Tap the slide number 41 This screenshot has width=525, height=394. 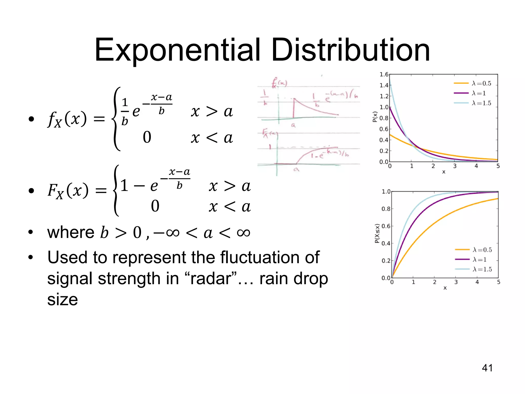coord(487,368)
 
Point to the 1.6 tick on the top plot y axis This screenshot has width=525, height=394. coord(384,75)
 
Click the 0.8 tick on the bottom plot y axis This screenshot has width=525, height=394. coord(386,209)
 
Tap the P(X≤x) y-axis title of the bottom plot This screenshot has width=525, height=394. coord(377,233)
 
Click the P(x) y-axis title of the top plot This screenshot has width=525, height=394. coord(375,117)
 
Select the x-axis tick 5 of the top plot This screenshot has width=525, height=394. coord(498,166)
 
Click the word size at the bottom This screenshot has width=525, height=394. coord(62,299)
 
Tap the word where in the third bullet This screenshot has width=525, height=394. coord(71,232)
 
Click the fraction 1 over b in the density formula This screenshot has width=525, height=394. coord(125,112)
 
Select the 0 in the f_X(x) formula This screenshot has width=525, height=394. coord(147,137)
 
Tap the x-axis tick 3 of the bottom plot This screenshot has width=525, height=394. coord(456,282)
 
